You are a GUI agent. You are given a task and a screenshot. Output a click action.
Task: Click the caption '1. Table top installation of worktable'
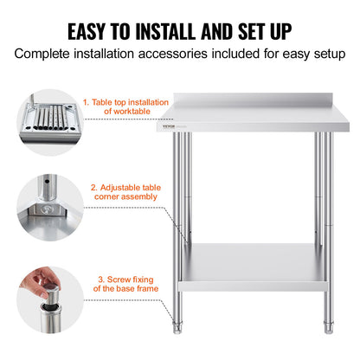(119, 106)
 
